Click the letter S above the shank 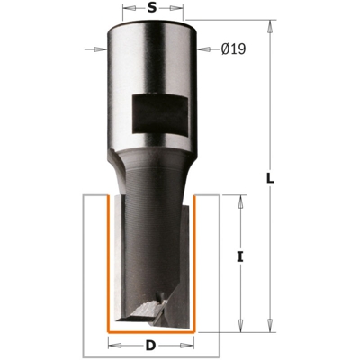click(x=151, y=8)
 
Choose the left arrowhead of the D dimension click(x=112, y=344)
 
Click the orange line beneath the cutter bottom click(x=151, y=331)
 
